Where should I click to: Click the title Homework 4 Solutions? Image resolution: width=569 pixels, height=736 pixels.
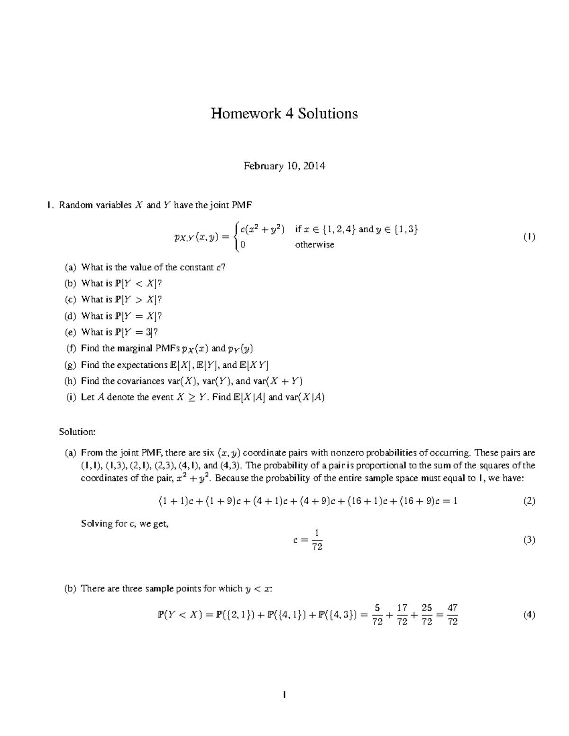(x=284, y=114)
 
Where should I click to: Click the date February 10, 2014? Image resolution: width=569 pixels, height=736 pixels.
(x=284, y=166)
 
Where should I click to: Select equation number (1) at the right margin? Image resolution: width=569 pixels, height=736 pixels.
(x=529, y=236)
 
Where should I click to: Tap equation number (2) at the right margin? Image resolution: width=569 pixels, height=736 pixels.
(x=529, y=500)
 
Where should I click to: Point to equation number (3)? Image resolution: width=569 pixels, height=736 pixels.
(x=529, y=540)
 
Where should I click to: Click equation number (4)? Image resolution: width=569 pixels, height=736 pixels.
(x=529, y=615)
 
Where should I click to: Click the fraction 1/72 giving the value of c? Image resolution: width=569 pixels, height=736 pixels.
(x=317, y=540)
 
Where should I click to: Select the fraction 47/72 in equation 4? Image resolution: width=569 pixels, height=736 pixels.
(x=452, y=615)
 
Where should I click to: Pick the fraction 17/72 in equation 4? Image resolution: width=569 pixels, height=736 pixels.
(x=402, y=615)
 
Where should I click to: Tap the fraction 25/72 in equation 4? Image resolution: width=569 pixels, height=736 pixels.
(x=427, y=615)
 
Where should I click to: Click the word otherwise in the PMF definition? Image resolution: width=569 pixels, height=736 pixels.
(x=314, y=245)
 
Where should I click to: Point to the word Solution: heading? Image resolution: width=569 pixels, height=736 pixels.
(x=77, y=432)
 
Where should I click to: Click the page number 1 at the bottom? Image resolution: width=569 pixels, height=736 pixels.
(x=284, y=695)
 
